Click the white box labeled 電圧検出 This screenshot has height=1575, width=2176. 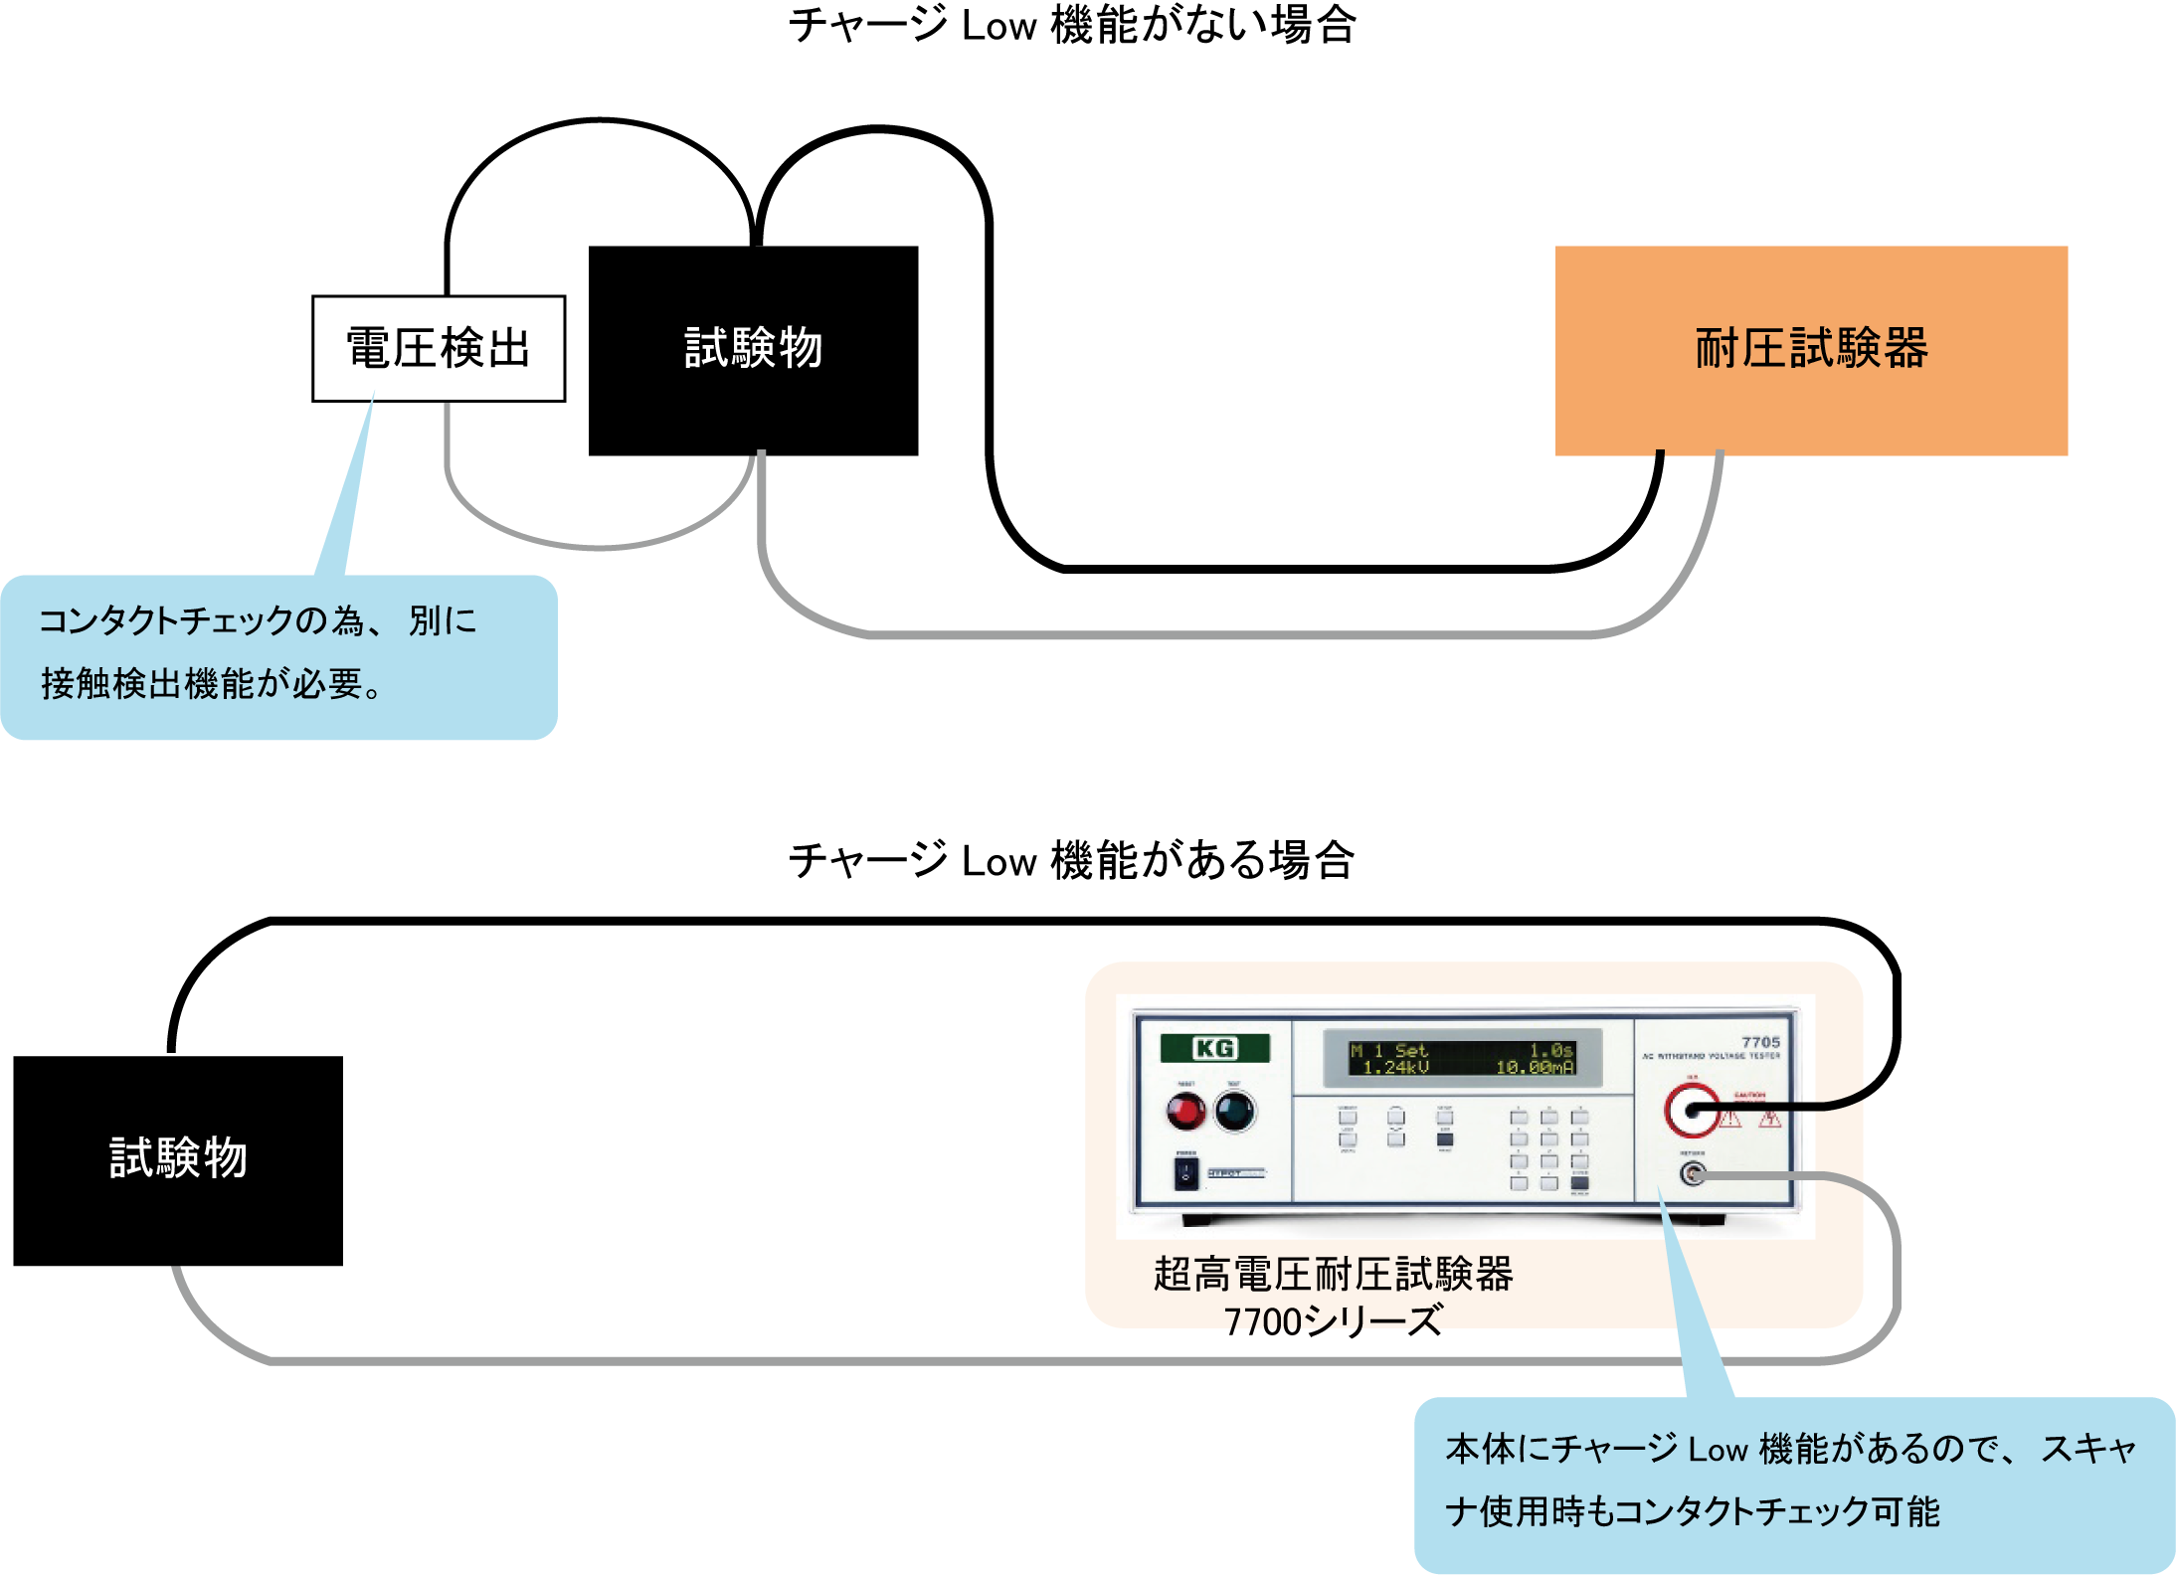pyautogui.click(x=438, y=349)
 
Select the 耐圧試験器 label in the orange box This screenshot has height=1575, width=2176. pyautogui.click(x=1811, y=349)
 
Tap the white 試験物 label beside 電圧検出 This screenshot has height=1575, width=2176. pyautogui.click(x=753, y=349)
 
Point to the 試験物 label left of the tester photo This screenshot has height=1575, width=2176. pyautogui.click(x=178, y=1158)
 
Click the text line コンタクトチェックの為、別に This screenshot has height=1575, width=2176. pyautogui.click(x=258, y=621)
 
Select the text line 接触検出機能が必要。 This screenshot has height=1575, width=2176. pyautogui.click(x=212, y=684)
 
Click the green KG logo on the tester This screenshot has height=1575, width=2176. pyautogui.click(x=1214, y=1048)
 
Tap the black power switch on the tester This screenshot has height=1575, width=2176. pyautogui.click(x=1185, y=1174)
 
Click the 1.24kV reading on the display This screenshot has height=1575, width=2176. pyautogui.click(x=1395, y=1068)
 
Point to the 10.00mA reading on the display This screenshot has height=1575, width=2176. pyautogui.click(x=1535, y=1068)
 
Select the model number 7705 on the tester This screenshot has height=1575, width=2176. pyautogui.click(x=1760, y=1042)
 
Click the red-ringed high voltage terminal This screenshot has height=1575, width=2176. pyautogui.click(x=1691, y=1111)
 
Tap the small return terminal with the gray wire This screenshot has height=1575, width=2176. pyautogui.click(x=1692, y=1174)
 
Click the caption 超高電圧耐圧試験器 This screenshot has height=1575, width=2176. pyautogui.click(x=1333, y=1275)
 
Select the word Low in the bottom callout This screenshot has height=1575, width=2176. pyautogui.click(x=1718, y=1450)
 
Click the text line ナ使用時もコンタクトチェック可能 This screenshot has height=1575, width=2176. pyautogui.click(x=1692, y=1512)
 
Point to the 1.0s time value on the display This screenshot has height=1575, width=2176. pyautogui.click(x=1550, y=1051)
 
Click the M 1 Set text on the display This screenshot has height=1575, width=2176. pyautogui.click(x=1388, y=1051)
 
